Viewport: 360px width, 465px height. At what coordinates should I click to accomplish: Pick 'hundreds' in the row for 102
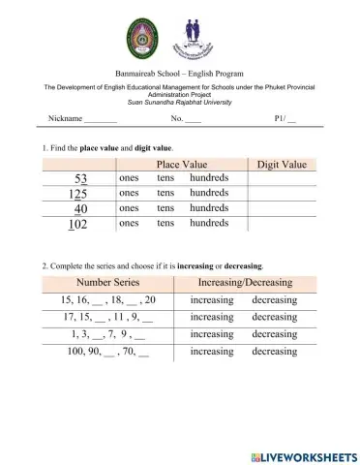point(209,224)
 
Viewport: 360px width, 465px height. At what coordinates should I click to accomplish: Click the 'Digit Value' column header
point(282,165)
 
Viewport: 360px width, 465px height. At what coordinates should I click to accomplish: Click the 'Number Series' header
point(105,283)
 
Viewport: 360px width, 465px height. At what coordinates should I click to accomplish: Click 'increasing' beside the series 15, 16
point(212,300)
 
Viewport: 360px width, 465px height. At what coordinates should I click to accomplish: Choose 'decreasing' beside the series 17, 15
point(275,317)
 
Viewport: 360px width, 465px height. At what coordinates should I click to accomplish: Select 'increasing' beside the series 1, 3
point(212,333)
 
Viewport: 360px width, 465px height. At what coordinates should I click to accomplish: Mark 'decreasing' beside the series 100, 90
point(275,351)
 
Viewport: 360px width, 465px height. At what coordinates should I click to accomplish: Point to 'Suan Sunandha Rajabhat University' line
point(179,101)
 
